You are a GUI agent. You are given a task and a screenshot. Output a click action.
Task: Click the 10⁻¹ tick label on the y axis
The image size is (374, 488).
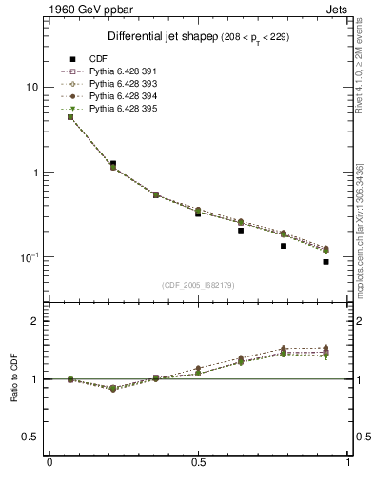(x=29, y=258)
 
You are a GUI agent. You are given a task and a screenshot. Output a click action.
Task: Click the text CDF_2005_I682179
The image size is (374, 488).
(x=199, y=286)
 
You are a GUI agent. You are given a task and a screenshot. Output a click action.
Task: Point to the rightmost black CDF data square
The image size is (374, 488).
(x=325, y=262)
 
